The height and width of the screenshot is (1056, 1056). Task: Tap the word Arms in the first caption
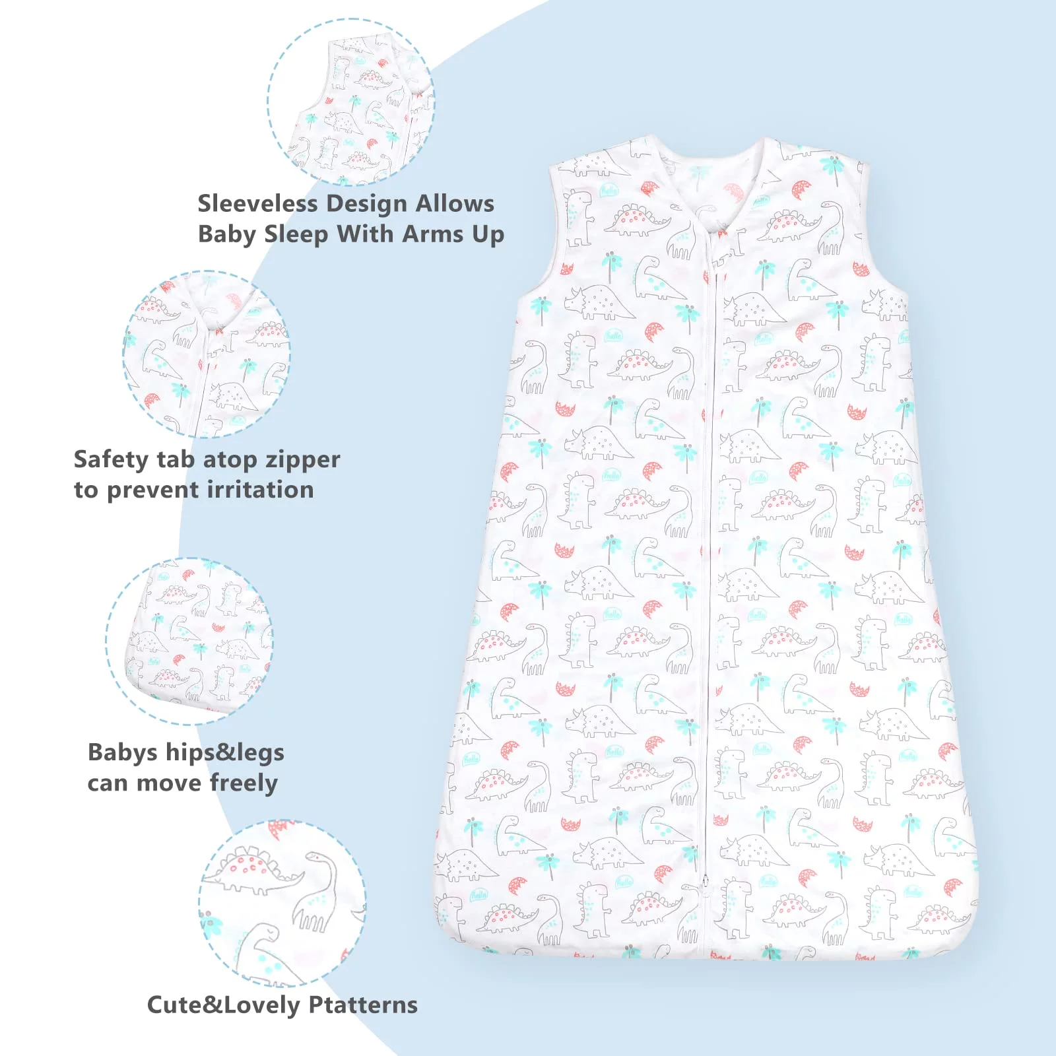[x=431, y=234]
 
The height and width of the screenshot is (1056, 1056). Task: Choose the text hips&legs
[x=224, y=753]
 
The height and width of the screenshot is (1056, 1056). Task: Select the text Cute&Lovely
[x=223, y=1005]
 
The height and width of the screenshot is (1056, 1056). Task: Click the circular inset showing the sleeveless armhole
[x=351, y=102]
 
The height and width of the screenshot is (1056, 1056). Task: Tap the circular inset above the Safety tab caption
[x=207, y=354]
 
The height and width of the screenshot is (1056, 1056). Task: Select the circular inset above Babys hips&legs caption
[x=189, y=641]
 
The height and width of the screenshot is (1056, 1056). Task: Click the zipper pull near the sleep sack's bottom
[x=704, y=882]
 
